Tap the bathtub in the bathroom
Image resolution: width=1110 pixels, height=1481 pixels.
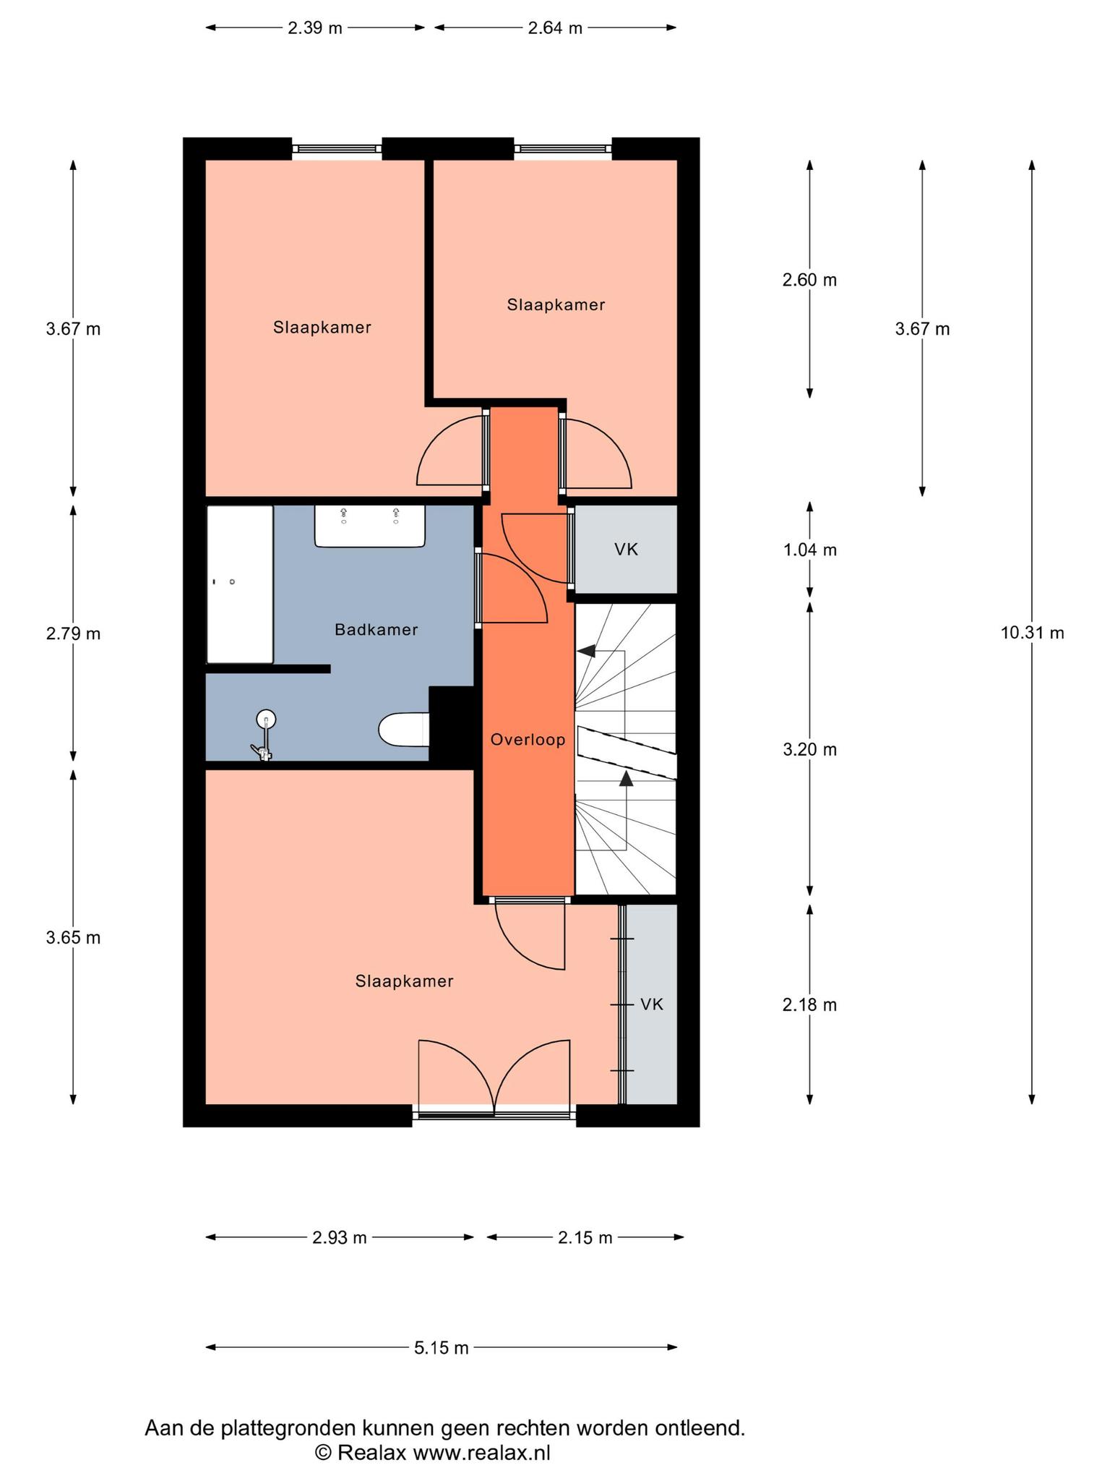[240, 584]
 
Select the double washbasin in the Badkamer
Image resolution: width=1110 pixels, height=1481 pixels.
[369, 526]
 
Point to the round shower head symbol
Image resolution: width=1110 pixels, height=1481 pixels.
[266, 719]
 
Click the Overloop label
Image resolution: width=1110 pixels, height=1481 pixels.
[528, 740]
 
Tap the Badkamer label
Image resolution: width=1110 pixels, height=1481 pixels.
[376, 630]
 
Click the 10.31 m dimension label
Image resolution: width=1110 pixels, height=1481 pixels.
[1032, 633]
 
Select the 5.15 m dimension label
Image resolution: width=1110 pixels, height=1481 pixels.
[442, 1348]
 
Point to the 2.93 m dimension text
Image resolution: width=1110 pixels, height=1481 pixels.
[340, 1237]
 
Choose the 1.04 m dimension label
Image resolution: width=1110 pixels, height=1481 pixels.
[809, 550]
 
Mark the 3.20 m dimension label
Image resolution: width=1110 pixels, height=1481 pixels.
[809, 749]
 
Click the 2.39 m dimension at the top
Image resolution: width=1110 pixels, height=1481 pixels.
[315, 28]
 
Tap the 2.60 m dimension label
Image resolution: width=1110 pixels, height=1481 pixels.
[809, 279]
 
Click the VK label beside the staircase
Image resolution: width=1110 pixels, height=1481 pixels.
[626, 550]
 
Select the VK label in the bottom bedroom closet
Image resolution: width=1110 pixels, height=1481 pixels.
[652, 1004]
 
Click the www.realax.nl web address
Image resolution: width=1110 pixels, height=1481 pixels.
[481, 1452]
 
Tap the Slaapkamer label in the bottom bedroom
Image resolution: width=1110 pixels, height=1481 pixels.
[405, 981]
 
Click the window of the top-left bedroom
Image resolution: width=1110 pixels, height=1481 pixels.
[337, 148]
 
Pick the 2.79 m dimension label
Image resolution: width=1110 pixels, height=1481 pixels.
[73, 633]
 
